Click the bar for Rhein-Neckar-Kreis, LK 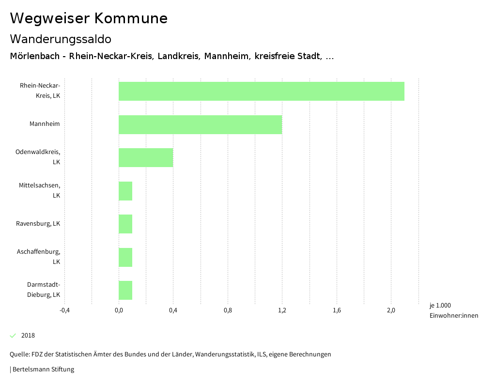coord(262,91)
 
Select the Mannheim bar coord(200,124)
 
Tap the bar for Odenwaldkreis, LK coord(146,157)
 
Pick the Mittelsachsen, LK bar coord(125,191)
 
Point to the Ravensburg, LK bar coord(125,224)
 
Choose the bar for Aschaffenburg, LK coord(125,257)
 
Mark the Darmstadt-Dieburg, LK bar coord(125,290)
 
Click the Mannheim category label coord(45,124)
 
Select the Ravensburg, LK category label coord(38,224)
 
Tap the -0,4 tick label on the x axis coord(64,310)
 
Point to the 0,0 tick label coord(119,310)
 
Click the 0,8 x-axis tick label coord(228,310)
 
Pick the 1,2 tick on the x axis coord(282,310)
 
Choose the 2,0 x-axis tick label coord(391,310)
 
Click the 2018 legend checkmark coord(13,336)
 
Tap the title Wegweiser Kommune coord(89,18)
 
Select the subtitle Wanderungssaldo coord(61,39)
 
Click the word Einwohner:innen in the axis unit coord(453,316)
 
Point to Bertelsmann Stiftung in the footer coord(43,370)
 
